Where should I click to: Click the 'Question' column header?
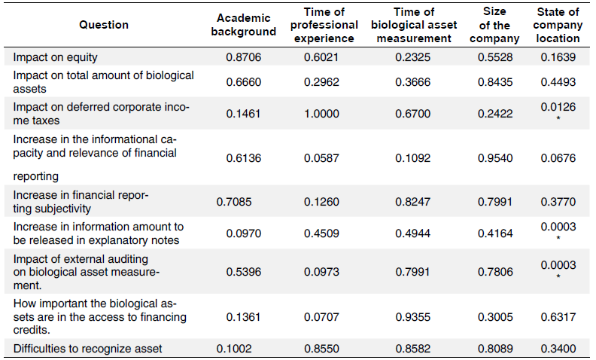click(104, 25)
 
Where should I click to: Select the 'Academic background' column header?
click(243, 25)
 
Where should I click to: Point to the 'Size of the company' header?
click(495, 25)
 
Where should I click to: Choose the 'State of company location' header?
click(558, 25)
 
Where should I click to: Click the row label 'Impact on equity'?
click(56, 56)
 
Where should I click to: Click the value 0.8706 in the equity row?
click(243, 57)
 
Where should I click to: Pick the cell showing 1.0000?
click(321, 114)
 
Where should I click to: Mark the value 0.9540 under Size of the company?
click(495, 157)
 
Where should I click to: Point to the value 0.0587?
click(321, 157)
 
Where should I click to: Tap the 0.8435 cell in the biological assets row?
click(495, 82)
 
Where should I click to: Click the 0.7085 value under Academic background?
click(233, 201)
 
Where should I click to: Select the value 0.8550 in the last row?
click(321, 348)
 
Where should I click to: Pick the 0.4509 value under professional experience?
click(321, 233)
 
